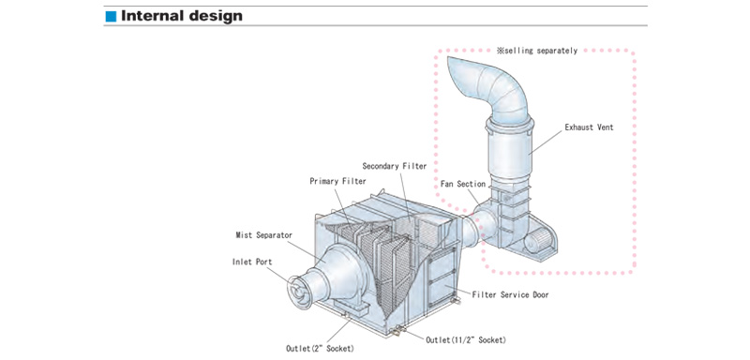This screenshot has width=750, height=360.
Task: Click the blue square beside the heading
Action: point(111,16)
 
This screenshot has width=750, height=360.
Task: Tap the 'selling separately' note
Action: point(537,51)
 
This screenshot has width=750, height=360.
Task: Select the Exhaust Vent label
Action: point(589,127)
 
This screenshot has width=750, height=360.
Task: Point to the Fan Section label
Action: point(463,184)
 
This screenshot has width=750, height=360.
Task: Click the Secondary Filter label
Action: point(394,166)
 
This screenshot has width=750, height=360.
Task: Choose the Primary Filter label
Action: point(337,181)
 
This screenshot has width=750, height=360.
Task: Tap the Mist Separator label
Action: point(264,234)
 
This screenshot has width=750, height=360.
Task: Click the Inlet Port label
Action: point(252,262)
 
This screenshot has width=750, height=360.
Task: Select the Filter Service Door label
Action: point(510,294)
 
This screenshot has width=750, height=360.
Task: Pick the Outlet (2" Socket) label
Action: point(320,349)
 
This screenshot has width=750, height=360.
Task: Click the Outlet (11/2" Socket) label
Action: point(465,340)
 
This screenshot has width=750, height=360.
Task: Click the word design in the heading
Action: point(216,16)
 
